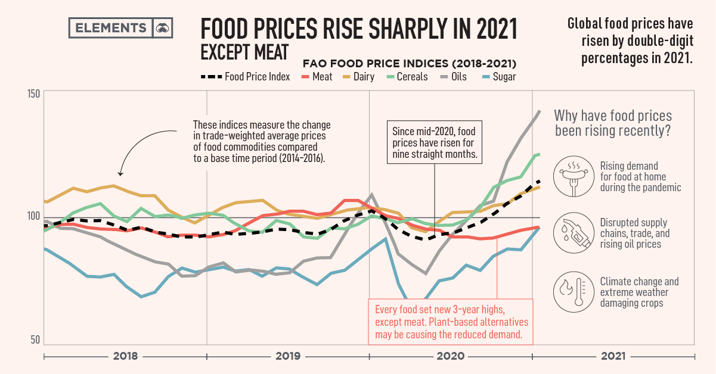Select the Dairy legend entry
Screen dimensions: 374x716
[358, 77]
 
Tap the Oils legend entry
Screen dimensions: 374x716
[454, 77]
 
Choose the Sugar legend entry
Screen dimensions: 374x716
[497, 77]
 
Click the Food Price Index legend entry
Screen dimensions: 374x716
[246, 77]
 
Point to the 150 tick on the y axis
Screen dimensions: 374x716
[33, 94]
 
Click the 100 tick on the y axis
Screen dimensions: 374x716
[33, 217]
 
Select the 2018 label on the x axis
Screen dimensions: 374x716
[125, 356]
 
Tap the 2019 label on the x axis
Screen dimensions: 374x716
[288, 356]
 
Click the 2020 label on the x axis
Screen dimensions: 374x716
[451, 356]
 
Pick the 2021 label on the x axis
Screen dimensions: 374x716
[613, 356]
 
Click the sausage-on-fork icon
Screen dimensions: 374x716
[571, 177]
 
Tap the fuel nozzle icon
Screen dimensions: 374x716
[571, 233]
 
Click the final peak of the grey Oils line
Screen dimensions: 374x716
[539, 111]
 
